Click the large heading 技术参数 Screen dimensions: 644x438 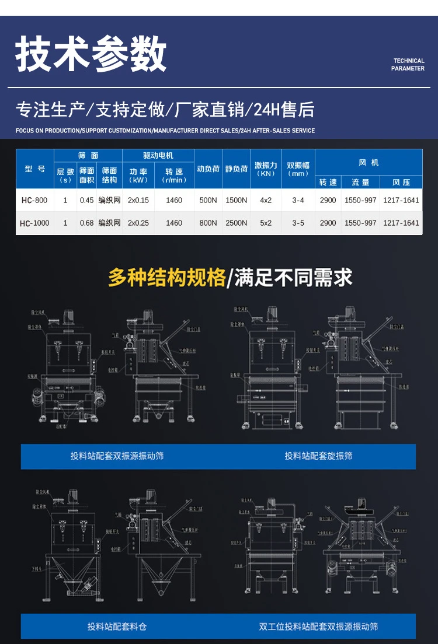91,55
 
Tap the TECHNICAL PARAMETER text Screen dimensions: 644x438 408,65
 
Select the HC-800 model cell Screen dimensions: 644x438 34,200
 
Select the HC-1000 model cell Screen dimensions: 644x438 34,223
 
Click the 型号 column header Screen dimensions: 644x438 34,169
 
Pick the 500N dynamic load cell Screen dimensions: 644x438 208,200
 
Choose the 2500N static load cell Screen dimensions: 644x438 237,223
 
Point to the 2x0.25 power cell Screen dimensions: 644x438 138,223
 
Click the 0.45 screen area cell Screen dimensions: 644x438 86,200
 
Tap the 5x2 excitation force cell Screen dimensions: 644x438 266,223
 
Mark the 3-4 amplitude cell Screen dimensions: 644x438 298,200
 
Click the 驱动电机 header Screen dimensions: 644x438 158,156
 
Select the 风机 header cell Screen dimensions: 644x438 369,163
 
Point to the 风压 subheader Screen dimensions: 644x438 401,182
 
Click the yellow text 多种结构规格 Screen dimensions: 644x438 166,278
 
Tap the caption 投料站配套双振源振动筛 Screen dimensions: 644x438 117,456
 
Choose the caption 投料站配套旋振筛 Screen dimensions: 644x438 318,456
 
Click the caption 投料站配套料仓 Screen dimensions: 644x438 117,626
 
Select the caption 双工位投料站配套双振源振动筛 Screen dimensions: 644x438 318,626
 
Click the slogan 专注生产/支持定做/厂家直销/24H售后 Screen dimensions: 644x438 165,109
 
